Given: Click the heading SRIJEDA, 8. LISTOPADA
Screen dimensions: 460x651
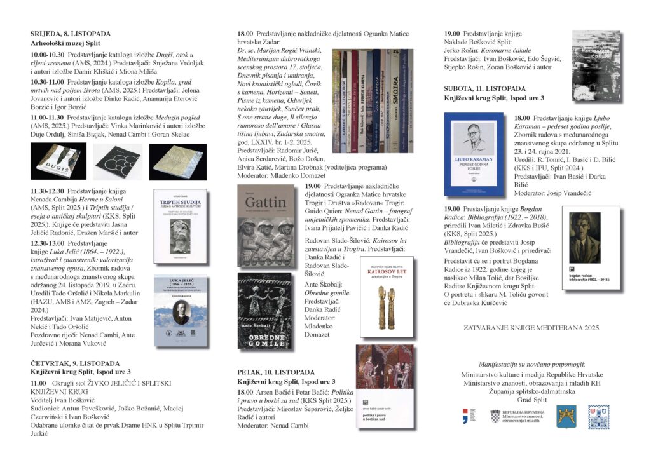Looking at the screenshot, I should point(71,34).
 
